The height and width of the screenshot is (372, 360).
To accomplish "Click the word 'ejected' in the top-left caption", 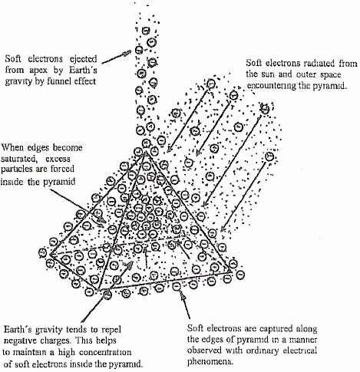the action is click(84, 59).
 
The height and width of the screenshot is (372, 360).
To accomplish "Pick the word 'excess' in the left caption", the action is click(58, 159).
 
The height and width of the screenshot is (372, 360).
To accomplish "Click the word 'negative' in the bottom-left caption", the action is click(21, 341).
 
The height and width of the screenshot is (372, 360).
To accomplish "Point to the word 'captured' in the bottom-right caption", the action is click(276, 328).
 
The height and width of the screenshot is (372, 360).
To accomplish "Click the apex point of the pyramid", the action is click(145, 151).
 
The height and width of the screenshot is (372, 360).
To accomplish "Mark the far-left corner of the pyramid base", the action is click(50, 254).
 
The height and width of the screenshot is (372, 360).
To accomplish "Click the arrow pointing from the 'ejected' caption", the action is click(117, 57).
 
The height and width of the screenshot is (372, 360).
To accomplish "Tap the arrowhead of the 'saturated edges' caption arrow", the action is click(101, 220).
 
